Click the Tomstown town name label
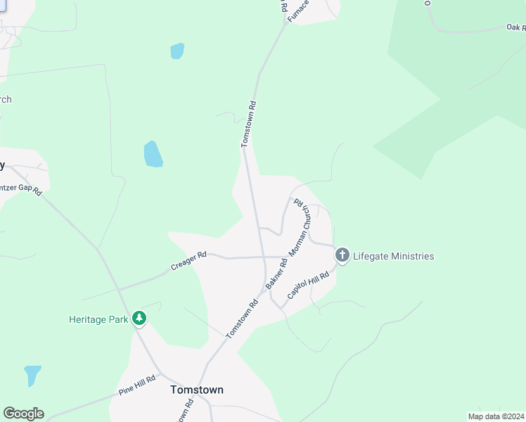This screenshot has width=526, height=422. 197,390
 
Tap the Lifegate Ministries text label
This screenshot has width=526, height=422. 393,256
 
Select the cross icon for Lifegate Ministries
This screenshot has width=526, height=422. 342,255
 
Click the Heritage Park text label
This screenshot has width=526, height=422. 98,319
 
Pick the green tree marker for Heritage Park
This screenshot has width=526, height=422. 140,319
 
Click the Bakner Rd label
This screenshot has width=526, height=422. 278,270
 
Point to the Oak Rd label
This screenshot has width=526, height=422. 515,27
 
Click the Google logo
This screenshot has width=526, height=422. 23,414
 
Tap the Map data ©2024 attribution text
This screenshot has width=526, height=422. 496,416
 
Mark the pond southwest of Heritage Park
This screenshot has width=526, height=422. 32,375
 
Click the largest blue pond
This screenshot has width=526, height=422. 153,154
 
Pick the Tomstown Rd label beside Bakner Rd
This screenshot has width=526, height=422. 243,319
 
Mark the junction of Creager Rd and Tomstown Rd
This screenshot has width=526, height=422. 263,257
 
